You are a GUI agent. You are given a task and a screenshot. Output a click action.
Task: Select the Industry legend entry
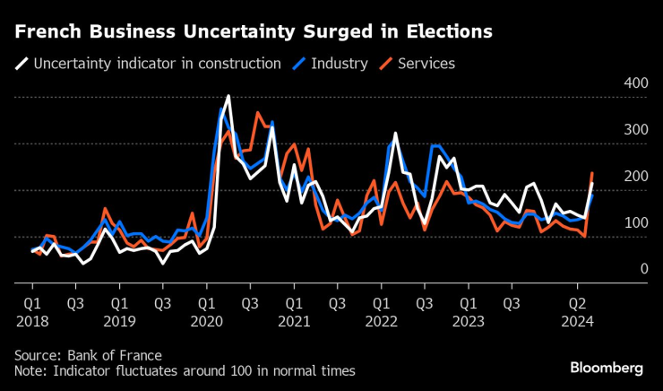(x=340, y=64)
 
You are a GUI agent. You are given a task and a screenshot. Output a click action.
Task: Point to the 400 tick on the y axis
(x=635, y=83)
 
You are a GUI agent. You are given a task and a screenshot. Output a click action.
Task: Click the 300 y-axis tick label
(x=635, y=130)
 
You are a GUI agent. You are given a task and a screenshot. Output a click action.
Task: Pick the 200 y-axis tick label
(x=635, y=177)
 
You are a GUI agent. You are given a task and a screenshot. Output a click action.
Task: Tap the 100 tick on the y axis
(x=635, y=222)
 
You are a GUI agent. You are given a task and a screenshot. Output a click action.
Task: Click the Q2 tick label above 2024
(x=578, y=302)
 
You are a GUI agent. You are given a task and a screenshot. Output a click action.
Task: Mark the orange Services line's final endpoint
(x=592, y=173)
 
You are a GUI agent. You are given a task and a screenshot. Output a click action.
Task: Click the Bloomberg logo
(x=607, y=369)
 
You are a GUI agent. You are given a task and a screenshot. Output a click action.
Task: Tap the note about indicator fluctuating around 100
(x=185, y=370)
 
